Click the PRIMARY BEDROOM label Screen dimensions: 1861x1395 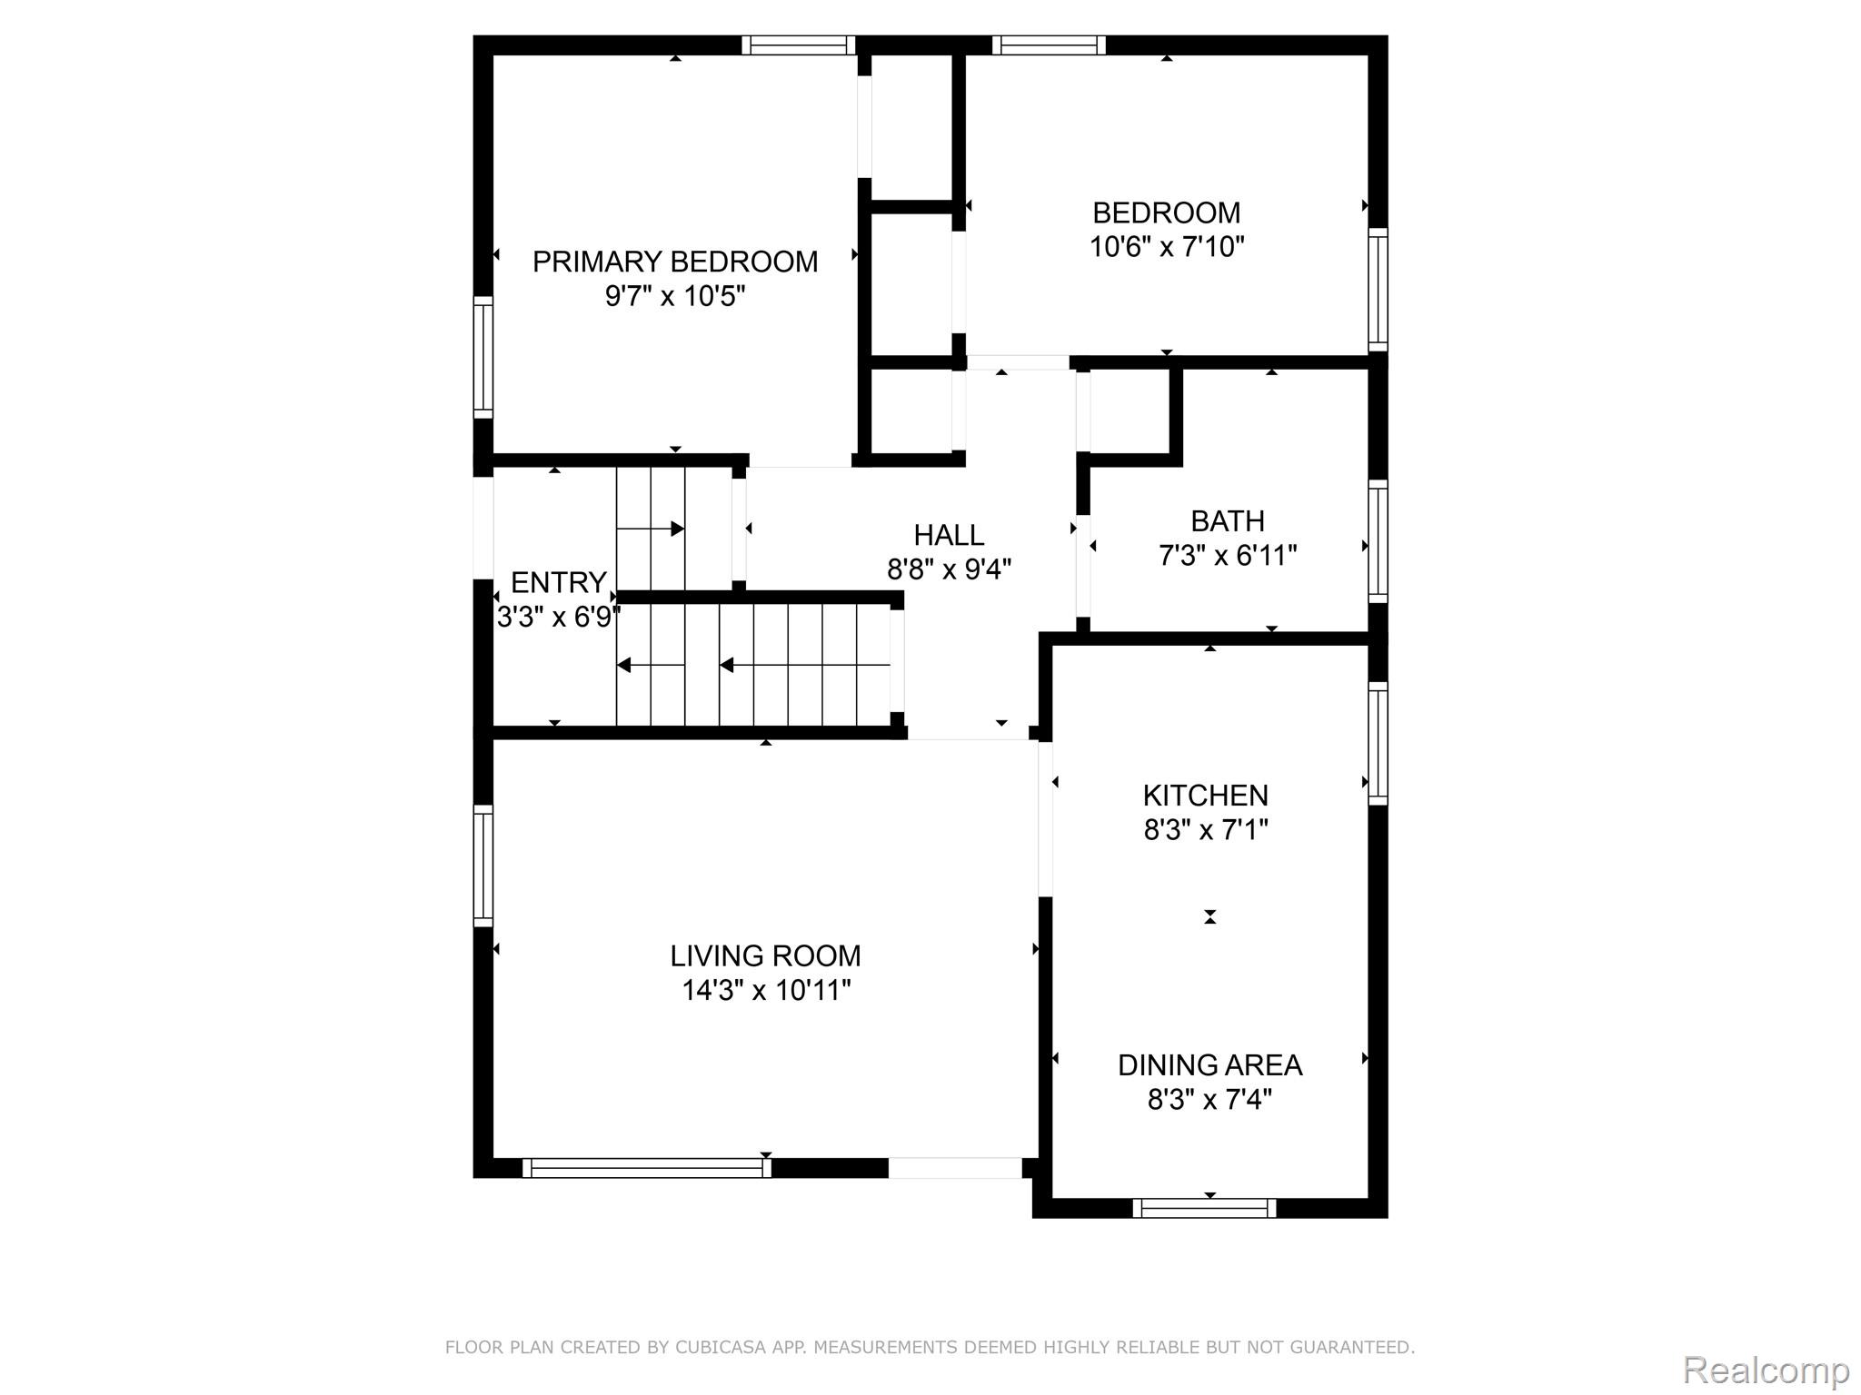point(675,262)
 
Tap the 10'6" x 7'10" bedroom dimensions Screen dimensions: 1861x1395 point(1167,246)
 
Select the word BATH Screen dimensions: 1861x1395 point(1228,521)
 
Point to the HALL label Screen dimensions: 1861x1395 point(949,535)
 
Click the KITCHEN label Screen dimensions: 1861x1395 point(1205,796)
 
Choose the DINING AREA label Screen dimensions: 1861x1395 point(1209,1065)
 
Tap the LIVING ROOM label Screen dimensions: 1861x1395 point(765,955)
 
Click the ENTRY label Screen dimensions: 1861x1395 point(559,582)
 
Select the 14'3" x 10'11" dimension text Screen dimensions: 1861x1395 point(766,990)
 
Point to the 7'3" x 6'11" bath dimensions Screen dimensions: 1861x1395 point(1228,555)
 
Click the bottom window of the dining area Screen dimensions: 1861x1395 point(1204,1208)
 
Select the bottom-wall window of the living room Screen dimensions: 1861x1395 point(647,1168)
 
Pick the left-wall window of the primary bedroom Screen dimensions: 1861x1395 point(483,358)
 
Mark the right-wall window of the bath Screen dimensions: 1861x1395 point(1378,541)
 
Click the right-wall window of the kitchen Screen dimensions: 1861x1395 point(1378,744)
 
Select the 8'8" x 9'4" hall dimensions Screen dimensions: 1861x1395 point(949,569)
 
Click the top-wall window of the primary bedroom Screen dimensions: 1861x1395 point(799,45)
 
